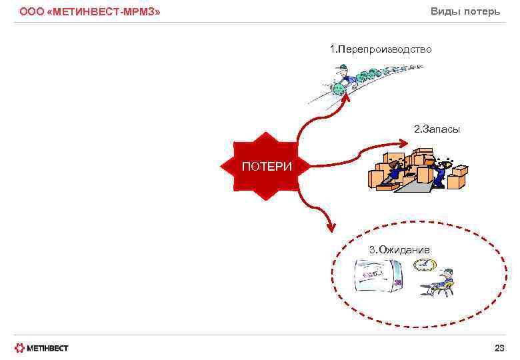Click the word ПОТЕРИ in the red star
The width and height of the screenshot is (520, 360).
point(267,167)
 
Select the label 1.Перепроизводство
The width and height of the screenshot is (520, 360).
point(381,49)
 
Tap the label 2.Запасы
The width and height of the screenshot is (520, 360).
point(437,129)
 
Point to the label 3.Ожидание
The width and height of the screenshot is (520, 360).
point(399,249)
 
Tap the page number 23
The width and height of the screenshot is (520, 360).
point(499,348)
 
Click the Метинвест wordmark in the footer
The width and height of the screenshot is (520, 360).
point(48,348)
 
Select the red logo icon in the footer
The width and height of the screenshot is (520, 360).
point(20,348)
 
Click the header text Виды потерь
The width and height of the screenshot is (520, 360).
point(465,11)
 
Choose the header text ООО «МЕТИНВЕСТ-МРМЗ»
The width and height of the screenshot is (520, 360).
point(89,12)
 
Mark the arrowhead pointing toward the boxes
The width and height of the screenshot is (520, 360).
point(403,142)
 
